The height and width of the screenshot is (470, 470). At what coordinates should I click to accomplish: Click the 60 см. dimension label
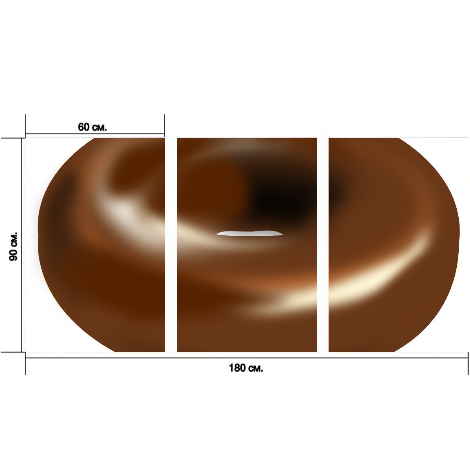92,127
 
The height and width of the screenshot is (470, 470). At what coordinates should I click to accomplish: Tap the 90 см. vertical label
13,246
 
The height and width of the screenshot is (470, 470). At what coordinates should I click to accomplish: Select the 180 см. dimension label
246,368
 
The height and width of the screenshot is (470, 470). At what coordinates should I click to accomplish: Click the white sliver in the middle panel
249,233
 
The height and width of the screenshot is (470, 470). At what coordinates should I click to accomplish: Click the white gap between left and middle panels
171,245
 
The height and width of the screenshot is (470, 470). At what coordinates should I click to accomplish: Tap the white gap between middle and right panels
323,245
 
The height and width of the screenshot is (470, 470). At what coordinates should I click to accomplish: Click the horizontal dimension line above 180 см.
247,358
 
